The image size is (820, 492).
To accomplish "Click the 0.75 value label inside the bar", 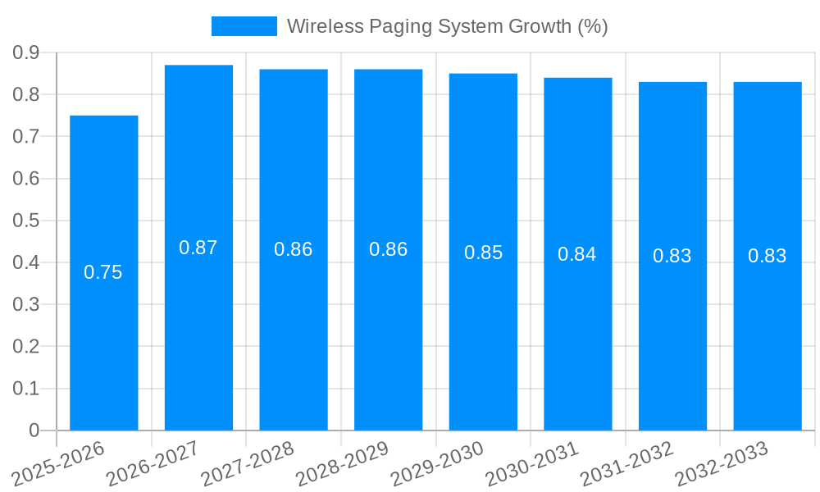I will click(x=103, y=272).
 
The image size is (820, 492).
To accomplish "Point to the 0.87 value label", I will click(x=198, y=248).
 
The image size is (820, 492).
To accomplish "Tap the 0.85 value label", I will click(x=483, y=253).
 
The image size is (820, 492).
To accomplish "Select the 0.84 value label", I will click(x=577, y=254).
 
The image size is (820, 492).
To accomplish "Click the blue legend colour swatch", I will click(x=244, y=26).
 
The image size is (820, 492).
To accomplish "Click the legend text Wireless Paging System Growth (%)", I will click(x=447, y=26).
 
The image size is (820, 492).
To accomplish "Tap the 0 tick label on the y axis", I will click(x=34, y=430).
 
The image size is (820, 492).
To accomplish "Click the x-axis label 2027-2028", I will click(x=248, y=462).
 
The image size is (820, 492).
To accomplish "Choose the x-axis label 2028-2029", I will click(x=343, y=462).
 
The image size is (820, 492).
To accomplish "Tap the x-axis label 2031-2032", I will click(x=627, y=462).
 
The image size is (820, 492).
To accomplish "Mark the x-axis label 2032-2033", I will click(x=722, y=462).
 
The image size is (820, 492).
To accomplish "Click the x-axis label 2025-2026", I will click(x=59, y=462).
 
